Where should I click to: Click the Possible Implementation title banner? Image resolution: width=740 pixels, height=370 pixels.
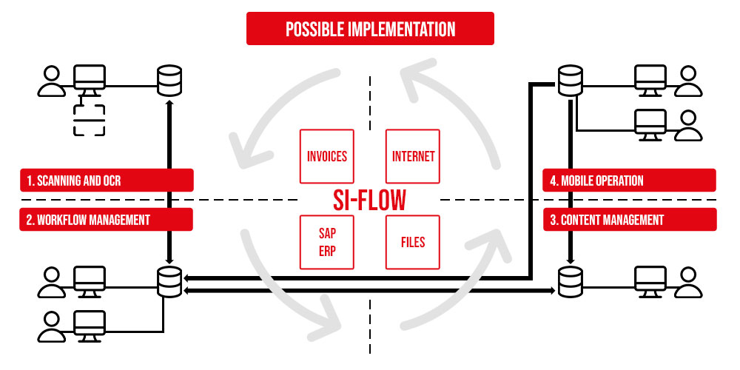370,30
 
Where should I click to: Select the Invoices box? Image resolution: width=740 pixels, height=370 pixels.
327,157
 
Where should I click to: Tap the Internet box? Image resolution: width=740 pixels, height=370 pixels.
413,157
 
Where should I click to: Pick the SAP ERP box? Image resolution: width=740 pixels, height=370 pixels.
327,242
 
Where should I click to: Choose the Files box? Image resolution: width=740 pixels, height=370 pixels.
413,242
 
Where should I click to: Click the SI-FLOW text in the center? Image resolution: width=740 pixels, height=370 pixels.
370,200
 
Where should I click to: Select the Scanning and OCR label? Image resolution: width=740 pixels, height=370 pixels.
107,181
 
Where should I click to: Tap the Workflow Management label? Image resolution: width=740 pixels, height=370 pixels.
107,220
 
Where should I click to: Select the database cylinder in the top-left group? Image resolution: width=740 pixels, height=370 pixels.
169,81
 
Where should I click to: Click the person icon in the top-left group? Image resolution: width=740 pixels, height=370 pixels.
52,81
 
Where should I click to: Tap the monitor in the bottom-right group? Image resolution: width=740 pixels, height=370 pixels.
650,280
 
